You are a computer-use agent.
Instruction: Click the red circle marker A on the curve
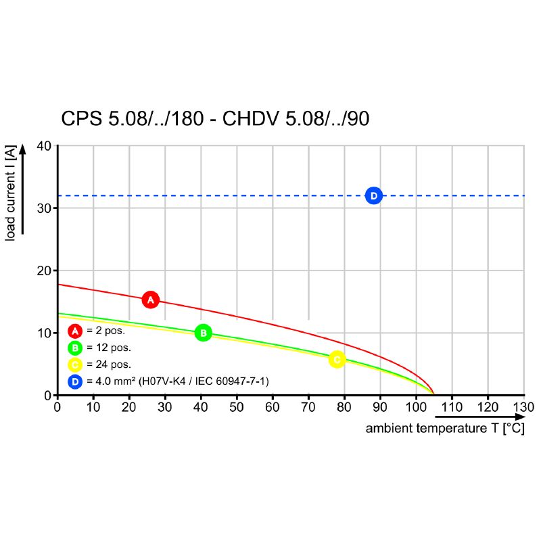[x=151, y=300]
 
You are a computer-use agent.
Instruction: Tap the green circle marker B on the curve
[x=203, y=333]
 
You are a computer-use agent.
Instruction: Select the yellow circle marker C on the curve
[x=337, y=359]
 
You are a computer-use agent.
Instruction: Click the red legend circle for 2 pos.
[x=75, y=331]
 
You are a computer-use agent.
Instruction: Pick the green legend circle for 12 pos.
[x=75, y=348]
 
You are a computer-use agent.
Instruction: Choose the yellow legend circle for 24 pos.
[x=75, y=364]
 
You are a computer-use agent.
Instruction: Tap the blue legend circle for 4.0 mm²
[x=75, y=381]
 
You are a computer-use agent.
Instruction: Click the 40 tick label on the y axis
[x=43, y=145]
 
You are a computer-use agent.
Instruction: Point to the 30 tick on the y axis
[x=43, y=208]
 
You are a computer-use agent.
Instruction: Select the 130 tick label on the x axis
[x=523, y=408]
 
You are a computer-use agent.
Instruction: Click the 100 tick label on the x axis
[x=415, y=408]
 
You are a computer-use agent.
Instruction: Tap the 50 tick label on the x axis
[x=236, y=408]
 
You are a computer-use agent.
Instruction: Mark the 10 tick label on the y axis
[x=43, y=333]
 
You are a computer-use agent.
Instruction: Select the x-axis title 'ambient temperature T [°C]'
[x=444, y=429]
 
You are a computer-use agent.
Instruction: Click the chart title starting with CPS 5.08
[x=215, y=119]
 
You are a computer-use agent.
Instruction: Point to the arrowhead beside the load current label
[x=23, y=149]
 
